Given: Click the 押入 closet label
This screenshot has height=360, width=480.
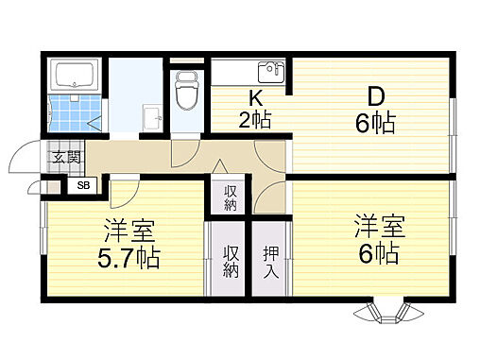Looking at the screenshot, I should [x=270, y=261].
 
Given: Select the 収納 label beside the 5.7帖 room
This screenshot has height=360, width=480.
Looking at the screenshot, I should [x=228, y=261].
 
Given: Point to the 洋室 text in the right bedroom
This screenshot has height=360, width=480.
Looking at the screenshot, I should [x=380, y=227].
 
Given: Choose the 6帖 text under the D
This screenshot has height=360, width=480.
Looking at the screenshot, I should [x=375, y=123].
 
